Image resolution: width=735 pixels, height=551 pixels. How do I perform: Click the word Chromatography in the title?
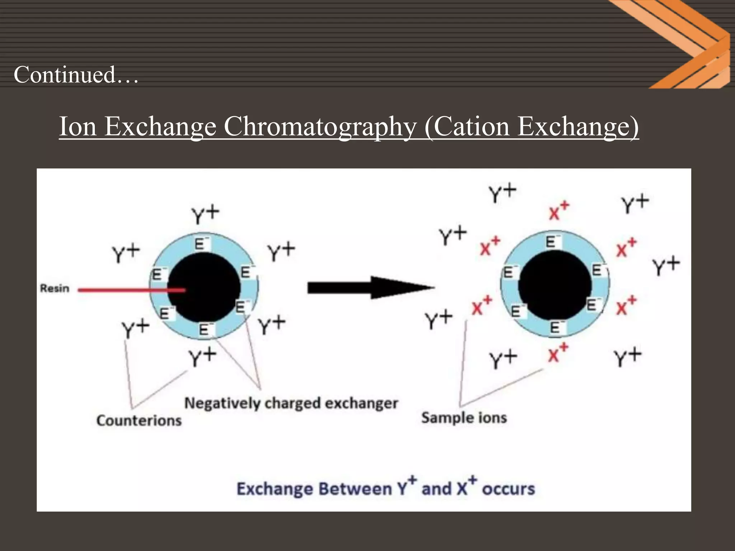pos(319,126)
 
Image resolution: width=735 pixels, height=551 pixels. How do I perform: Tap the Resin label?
pos(54,288)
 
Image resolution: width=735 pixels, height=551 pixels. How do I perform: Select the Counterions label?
pos(139,420)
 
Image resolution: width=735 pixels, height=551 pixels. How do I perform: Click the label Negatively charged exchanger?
pos(291,403)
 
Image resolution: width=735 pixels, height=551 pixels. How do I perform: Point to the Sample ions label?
pos(464,418)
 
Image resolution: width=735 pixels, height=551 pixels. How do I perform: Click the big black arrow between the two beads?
pos(370,287)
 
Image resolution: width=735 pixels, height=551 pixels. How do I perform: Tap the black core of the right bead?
pos(554,285)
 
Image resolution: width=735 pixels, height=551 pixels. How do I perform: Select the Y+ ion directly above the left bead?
pos(205,214)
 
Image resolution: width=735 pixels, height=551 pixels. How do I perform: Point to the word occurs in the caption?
pos(508,489)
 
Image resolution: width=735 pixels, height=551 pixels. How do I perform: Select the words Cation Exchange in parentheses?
pos(531,126)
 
